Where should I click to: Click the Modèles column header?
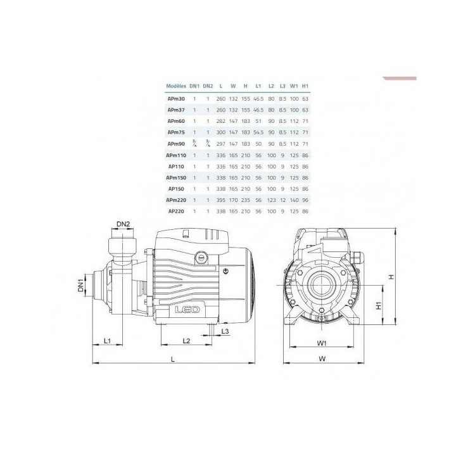click(x=176, y=85)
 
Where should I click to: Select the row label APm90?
click(x=176, y=143)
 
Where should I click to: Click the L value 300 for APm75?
click(x=220, y=132)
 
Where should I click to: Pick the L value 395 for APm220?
click(x=220, y=200)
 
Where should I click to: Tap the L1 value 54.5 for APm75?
click(x=258, y=132)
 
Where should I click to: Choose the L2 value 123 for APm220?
click(x=271, y=200)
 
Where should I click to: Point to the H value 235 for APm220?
click(x=245, y=200)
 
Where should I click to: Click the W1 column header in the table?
click(x=294, y=85)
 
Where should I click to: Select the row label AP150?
click(x=176, y=189)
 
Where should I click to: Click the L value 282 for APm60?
click(x=220, y=120)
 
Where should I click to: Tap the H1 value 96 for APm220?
click(x=305, y=200)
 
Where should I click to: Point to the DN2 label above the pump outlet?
click(x=123, y=224)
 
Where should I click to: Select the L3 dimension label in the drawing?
click(x=226, y=331)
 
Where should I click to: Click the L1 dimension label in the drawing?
click(x=107, y=341)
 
